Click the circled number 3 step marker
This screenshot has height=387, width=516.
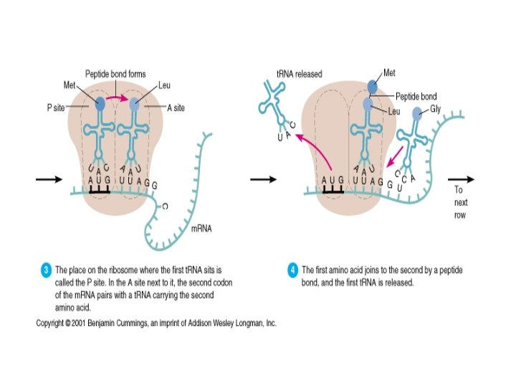45,270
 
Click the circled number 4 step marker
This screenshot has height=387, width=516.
293,270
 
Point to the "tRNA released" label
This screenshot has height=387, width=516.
299,73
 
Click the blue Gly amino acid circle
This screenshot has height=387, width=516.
416,113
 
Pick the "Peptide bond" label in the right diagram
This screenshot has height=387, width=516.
416,96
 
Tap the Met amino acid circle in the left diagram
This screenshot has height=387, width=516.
100,103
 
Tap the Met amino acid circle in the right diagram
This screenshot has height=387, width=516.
373,87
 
